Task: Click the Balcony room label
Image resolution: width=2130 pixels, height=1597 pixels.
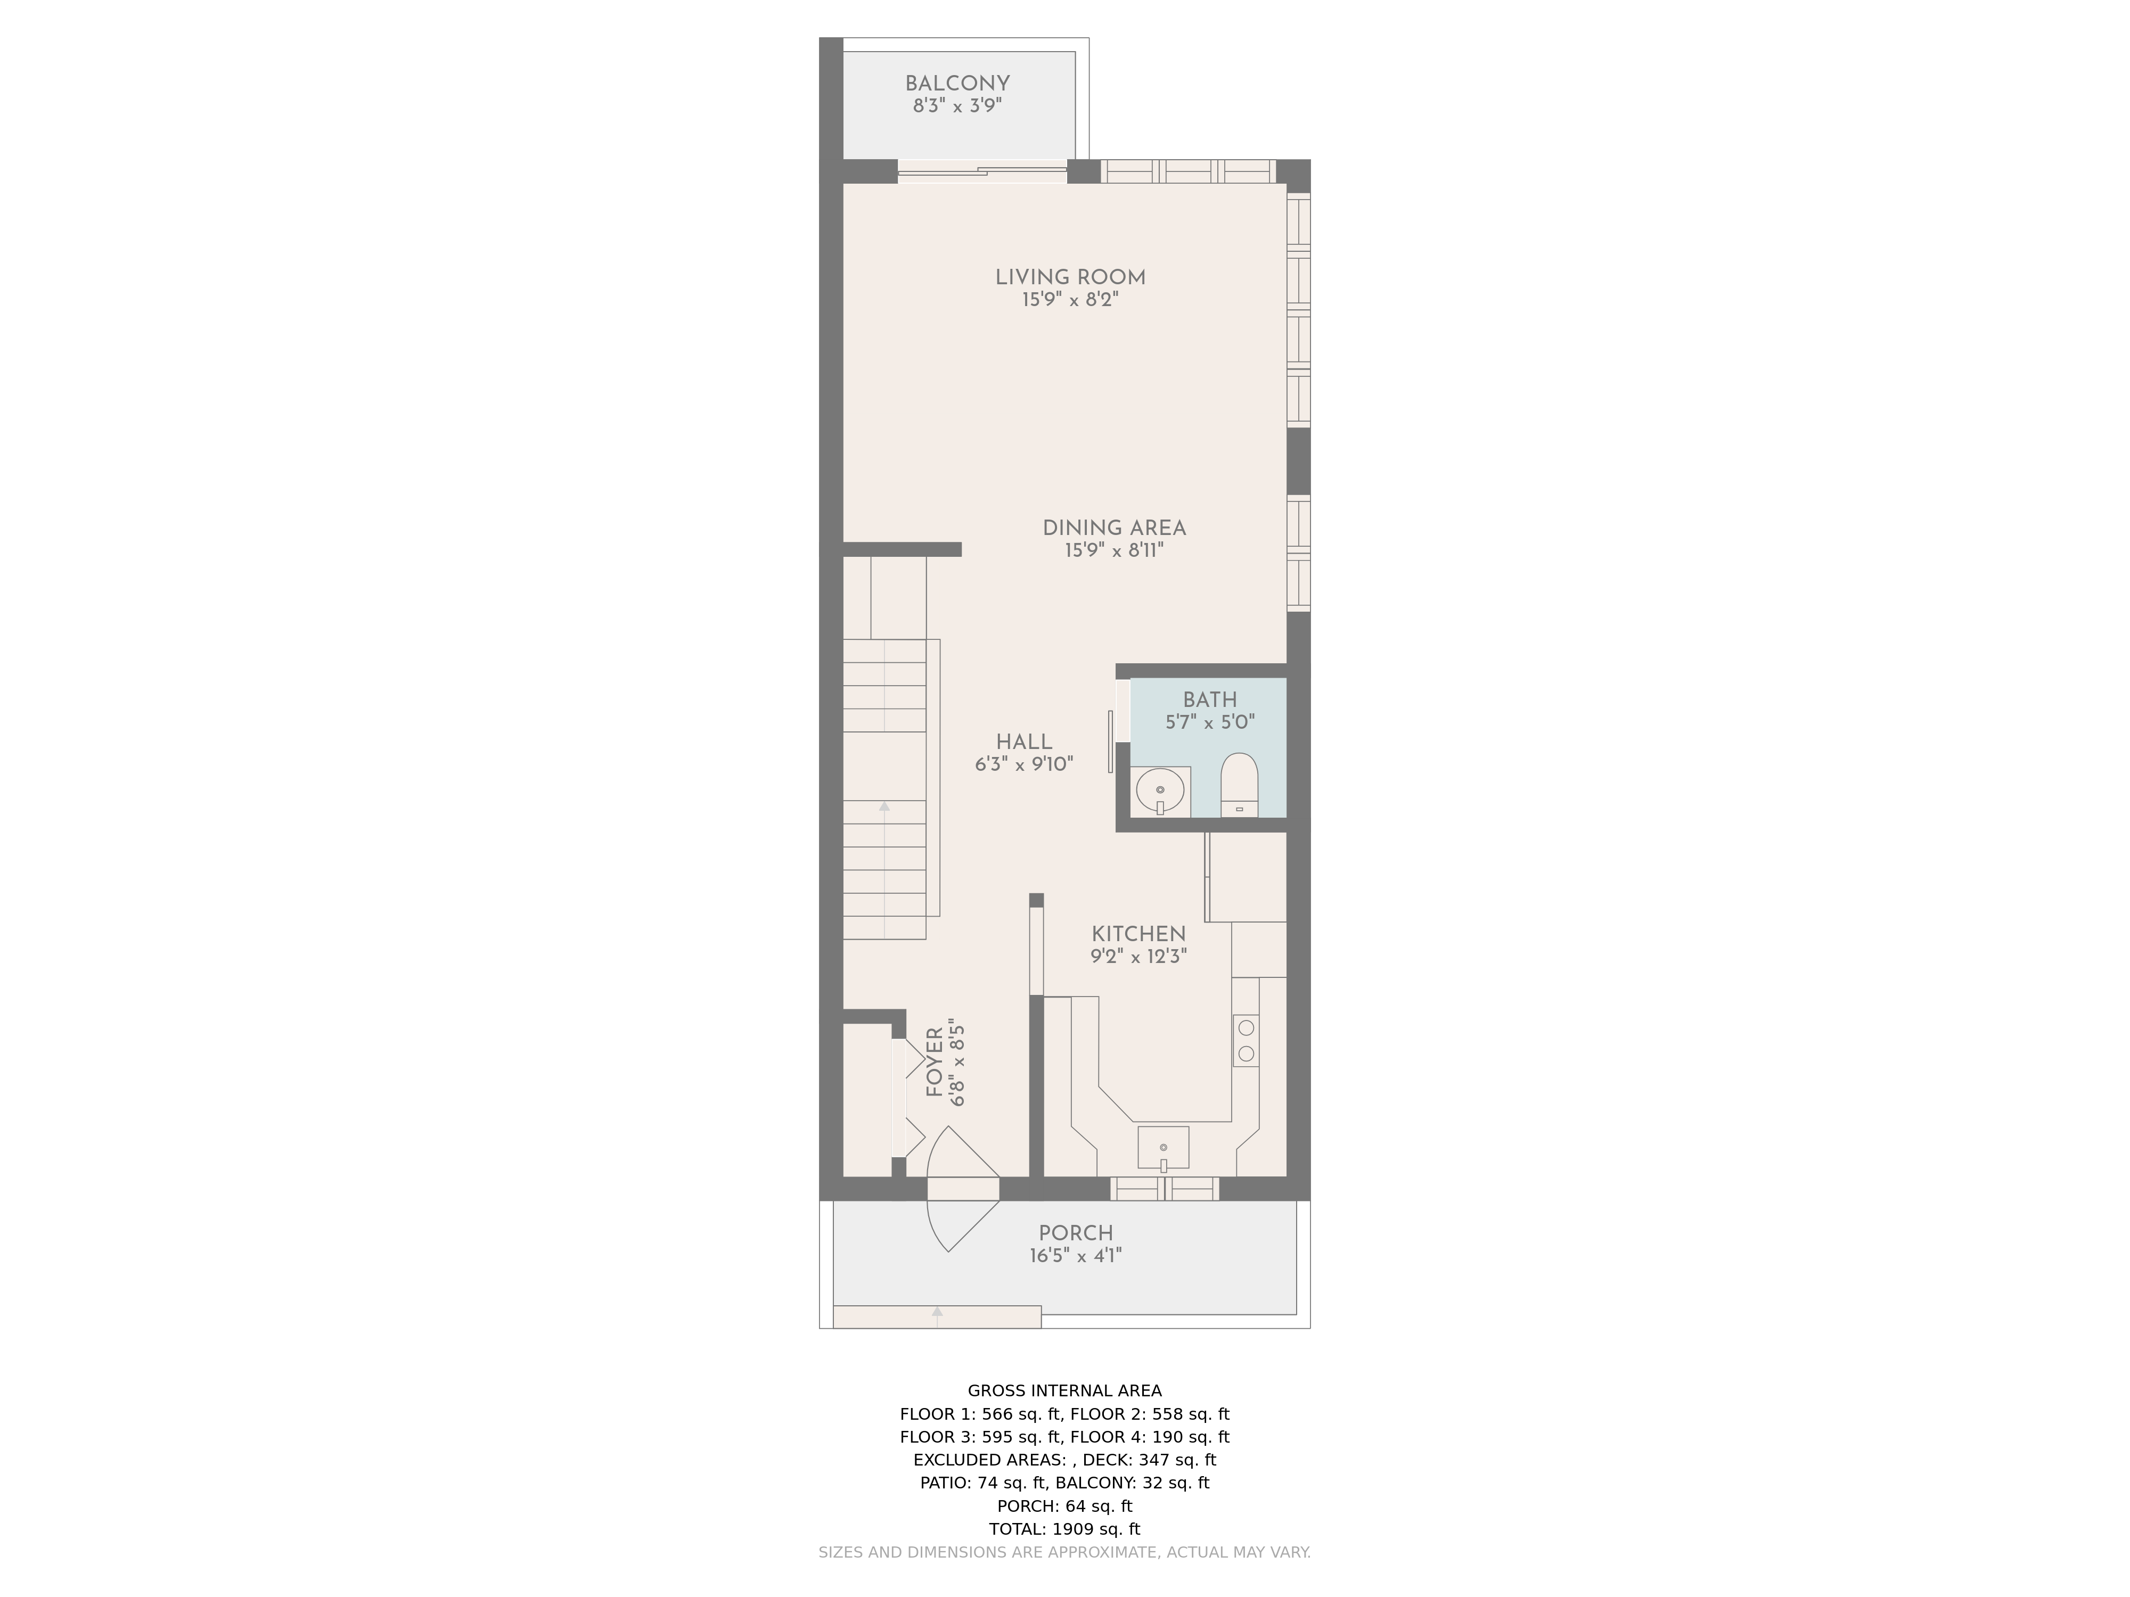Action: pos(957,84)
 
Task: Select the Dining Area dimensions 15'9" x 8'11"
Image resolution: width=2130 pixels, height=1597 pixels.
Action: pos(1114,550)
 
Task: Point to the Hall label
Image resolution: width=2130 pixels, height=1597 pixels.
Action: pos(1023,742)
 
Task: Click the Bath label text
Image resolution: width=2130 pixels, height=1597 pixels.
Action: pos(1209,700)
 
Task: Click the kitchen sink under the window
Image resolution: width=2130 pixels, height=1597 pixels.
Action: pos(1163,1148)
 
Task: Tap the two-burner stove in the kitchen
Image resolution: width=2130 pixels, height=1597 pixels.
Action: pos(1246,1040)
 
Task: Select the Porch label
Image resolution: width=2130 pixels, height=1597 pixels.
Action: pos(1076,1233)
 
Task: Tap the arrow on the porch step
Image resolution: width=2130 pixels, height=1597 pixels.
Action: pos(937,1317)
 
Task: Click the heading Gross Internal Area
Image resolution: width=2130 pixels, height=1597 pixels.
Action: pos(1064,1390)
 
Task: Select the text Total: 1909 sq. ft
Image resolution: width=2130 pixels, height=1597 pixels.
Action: pos(1064,1529)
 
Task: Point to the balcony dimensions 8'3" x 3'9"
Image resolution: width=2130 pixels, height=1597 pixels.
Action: pos(957,106)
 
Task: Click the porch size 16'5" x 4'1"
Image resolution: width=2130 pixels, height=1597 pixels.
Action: pos(1076,1255)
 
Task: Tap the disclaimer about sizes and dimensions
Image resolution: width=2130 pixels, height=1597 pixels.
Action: pos(1064,1552)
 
